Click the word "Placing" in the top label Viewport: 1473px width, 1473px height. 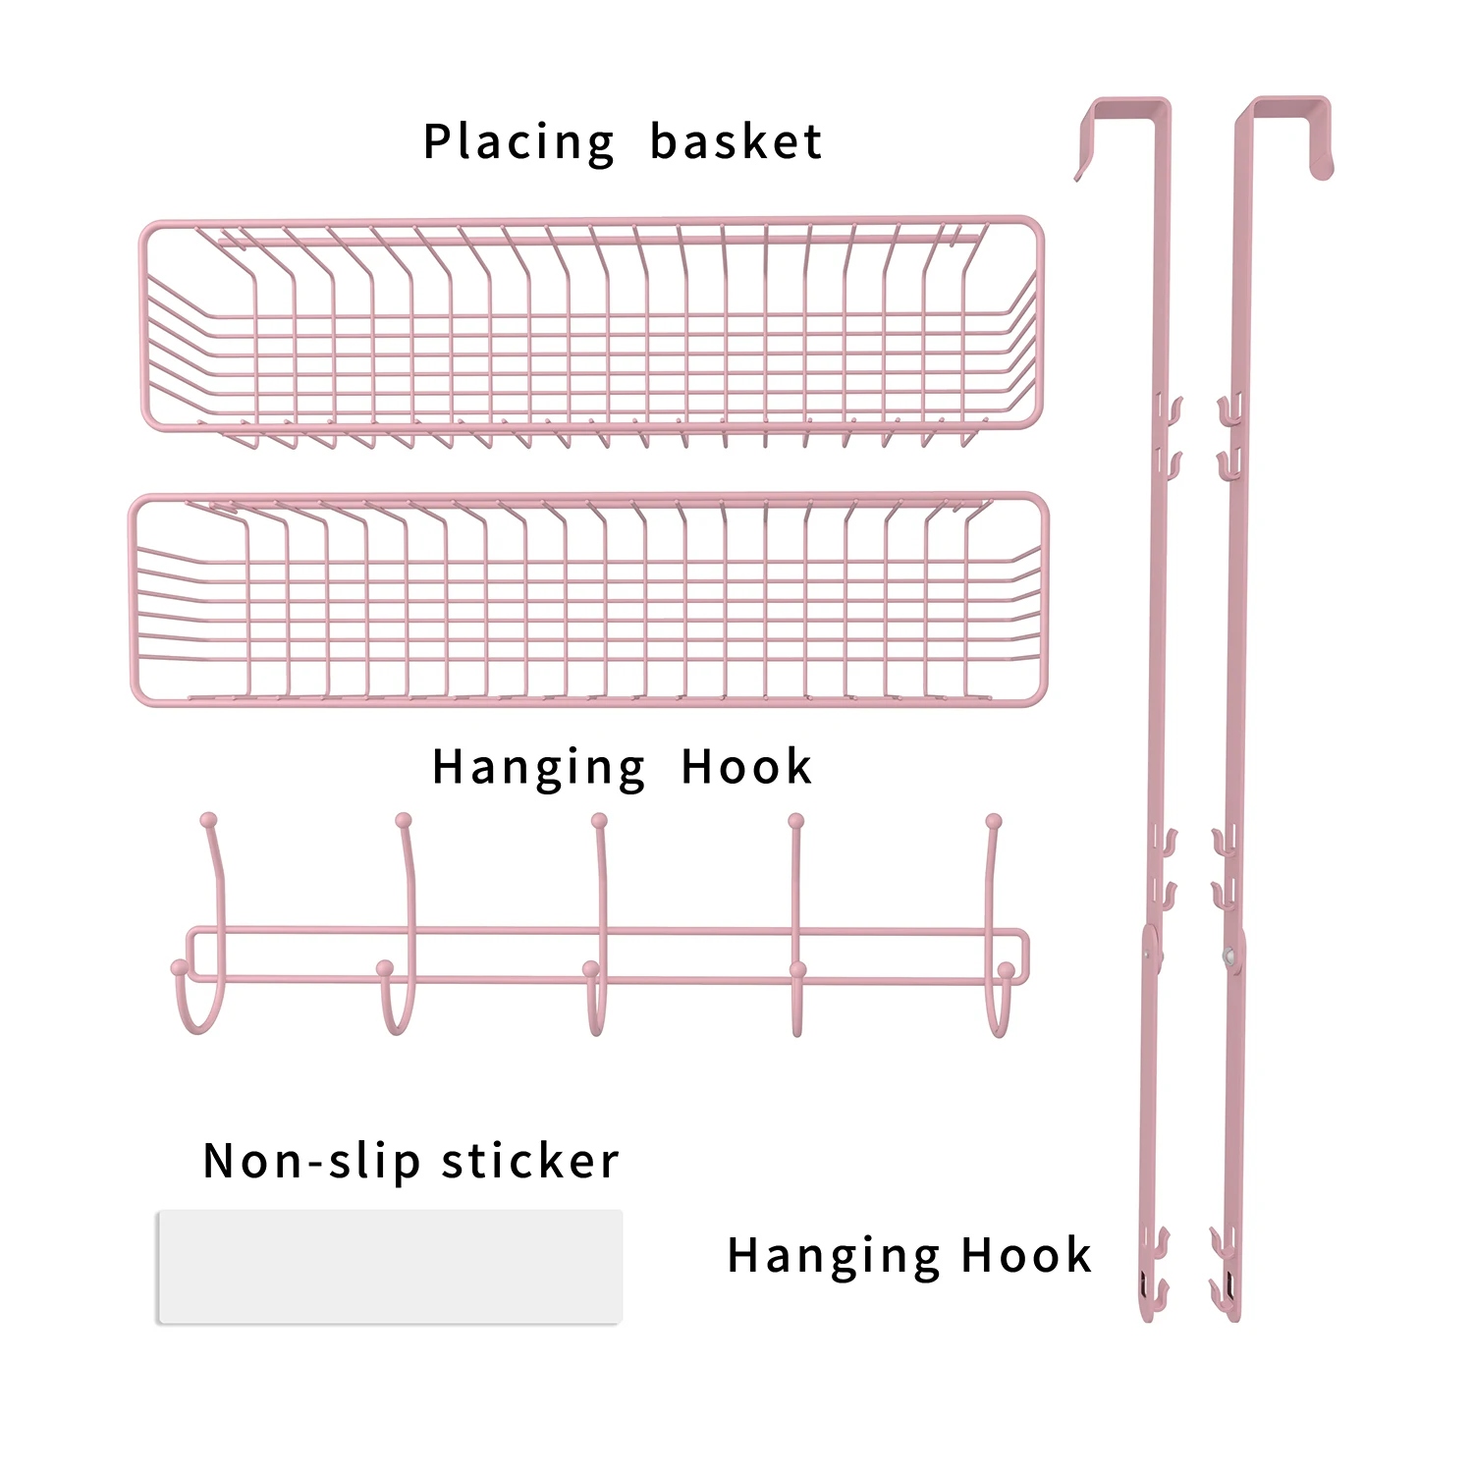point(518,143)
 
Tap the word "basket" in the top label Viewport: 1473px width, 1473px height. point(736,142)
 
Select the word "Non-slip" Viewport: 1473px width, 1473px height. point(311,1162)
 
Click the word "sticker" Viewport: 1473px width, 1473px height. point(530,1161)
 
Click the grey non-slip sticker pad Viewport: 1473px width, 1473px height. point(390,1267)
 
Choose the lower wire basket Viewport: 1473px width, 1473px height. point(589,600)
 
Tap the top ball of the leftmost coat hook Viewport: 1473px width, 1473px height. point(208,820)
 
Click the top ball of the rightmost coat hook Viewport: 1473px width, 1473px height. point(994,821)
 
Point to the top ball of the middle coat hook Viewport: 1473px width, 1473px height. point(599,821)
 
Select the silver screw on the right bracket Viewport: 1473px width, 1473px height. point(1227,954)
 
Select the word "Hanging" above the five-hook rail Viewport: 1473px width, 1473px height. point(539,768)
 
